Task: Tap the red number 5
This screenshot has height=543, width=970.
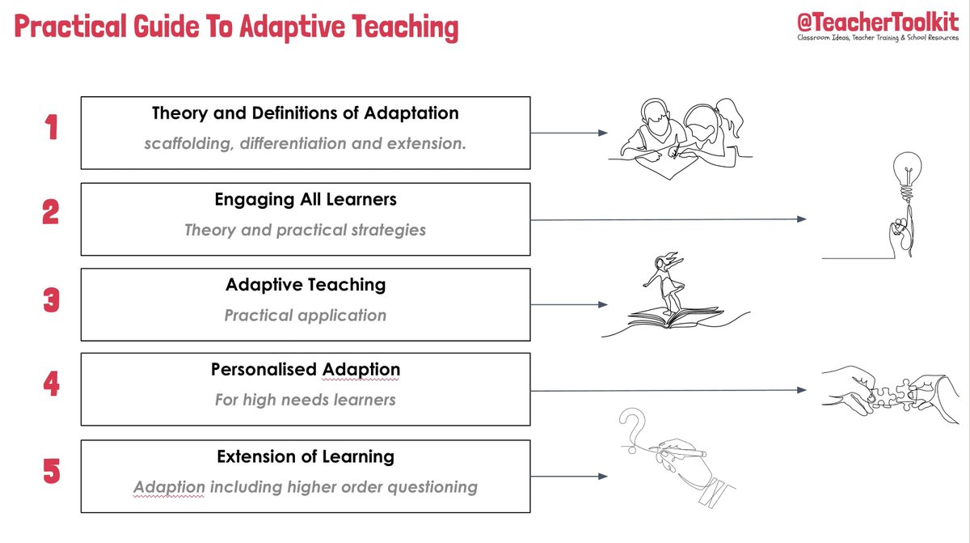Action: pyautogui.click(x=51, y=471)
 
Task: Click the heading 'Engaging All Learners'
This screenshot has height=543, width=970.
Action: pyautogui.click(x=306, y=199)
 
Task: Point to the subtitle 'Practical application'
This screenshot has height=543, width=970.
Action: pyautogui.click(x=306, y=316)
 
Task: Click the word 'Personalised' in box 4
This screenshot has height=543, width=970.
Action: pyautogui.click(x=264, y=370)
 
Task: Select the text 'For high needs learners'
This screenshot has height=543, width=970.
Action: pyautogui.click(x=306, y=400)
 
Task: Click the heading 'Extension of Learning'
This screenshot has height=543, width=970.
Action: pyautogui.click(x=306, y=456)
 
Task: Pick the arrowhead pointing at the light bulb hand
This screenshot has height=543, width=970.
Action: pyautogui.click(x=801, y=219)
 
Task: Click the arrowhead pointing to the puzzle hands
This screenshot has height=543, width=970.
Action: pyautogui.click(x=801, y=390)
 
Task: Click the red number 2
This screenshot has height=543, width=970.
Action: pyautogui.click(x=51, y=212)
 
